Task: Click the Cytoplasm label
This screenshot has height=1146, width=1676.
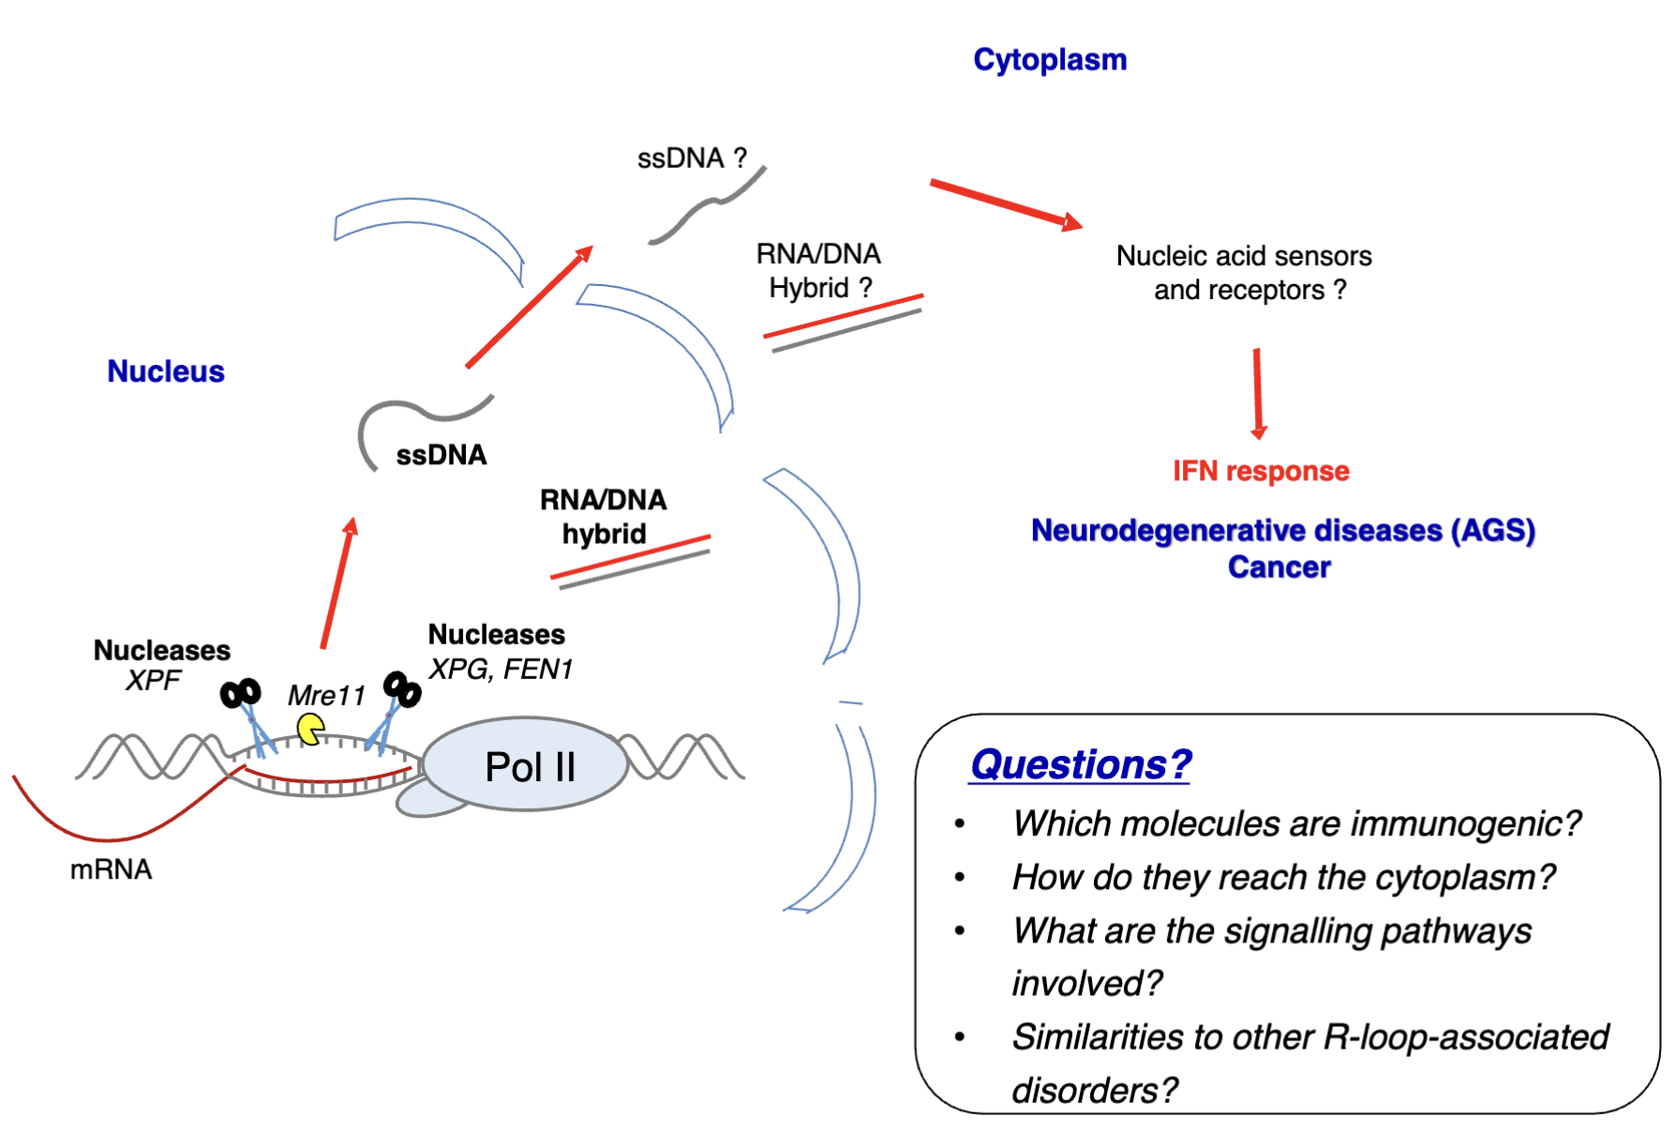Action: coord(1050,60)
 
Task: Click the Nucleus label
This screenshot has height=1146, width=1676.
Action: coord(166,371)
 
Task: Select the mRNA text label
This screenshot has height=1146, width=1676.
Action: coord(111,869)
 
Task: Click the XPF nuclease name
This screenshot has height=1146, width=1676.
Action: coord(153,680)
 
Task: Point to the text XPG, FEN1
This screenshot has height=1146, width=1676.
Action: coord(501,669)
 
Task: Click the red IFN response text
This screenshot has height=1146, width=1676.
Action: coord(1261,471)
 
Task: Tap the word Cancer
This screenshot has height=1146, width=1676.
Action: coord(1279,567)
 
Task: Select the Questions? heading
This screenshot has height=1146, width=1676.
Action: coord(1080,764)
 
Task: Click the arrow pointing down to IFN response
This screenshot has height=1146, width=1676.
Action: coord(1258,394)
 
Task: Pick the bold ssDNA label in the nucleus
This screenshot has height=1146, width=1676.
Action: coord(441,456)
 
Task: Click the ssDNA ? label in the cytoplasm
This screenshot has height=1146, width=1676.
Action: coord(692,158)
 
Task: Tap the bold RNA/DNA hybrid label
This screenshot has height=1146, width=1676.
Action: coord(604,517)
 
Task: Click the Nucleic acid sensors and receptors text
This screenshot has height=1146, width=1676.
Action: coord(1245,273)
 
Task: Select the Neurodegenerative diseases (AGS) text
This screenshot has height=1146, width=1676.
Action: coord(1282,531)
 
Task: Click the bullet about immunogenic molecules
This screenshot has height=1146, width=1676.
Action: coord(1296,823)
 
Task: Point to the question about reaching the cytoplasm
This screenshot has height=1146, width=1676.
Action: coord(1283,877)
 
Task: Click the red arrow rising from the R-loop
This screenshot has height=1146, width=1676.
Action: coord(337,582)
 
